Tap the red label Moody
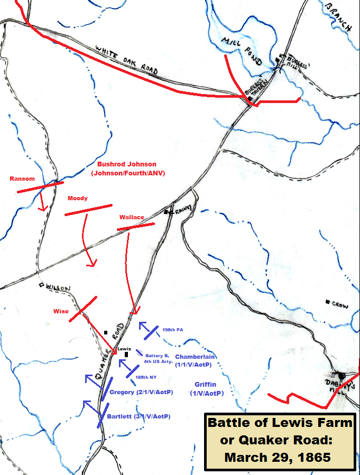77,199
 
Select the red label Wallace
131,217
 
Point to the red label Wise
60,311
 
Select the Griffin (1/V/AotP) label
206,389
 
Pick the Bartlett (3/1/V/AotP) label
139,416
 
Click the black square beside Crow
328,302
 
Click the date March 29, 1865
278,457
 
